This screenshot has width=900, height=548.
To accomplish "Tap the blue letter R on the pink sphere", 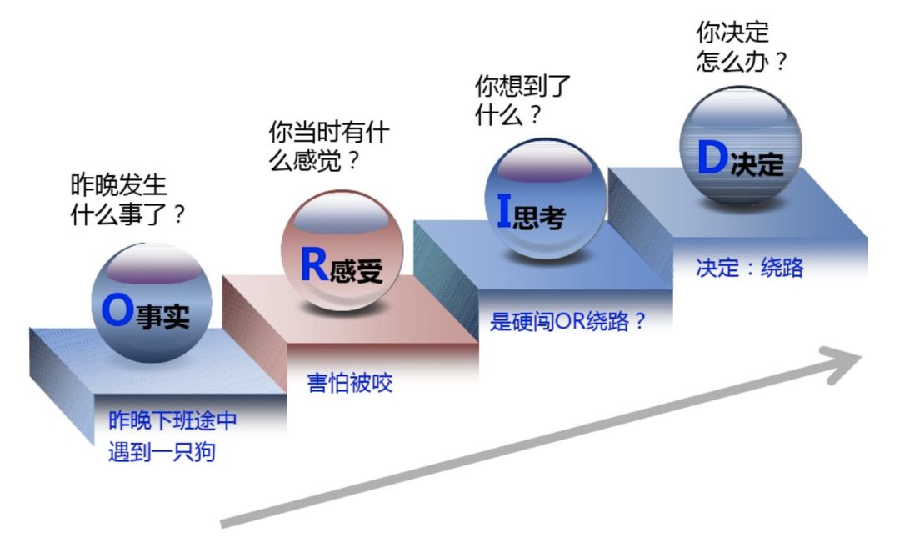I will [x=313, y=265].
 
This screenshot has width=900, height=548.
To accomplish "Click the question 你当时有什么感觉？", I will [x=328, y=146].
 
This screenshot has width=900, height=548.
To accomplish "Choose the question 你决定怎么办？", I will [x=741, y=47].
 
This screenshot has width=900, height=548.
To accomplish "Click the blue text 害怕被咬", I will [x=350, y=384].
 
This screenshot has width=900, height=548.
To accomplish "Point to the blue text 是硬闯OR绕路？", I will [x=568, y=322].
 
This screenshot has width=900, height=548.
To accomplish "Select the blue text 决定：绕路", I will [x=749, y=269].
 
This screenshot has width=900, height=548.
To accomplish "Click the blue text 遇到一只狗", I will [x=162, y=451].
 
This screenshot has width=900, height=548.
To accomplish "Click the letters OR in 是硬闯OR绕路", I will [x=575, y=322].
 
